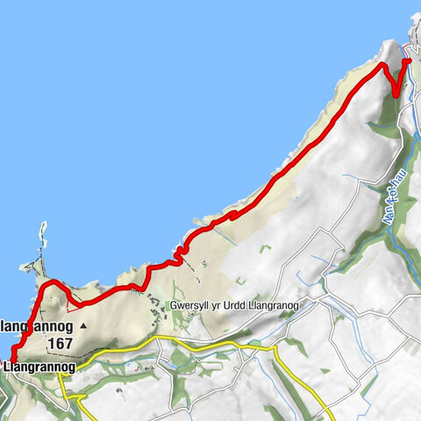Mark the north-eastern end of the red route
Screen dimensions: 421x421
pos(407,61)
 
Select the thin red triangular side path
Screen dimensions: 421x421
pos(74,302)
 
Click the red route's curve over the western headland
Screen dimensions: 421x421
pos(51,283)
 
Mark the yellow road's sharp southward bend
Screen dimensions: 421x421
pos(277,351)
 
